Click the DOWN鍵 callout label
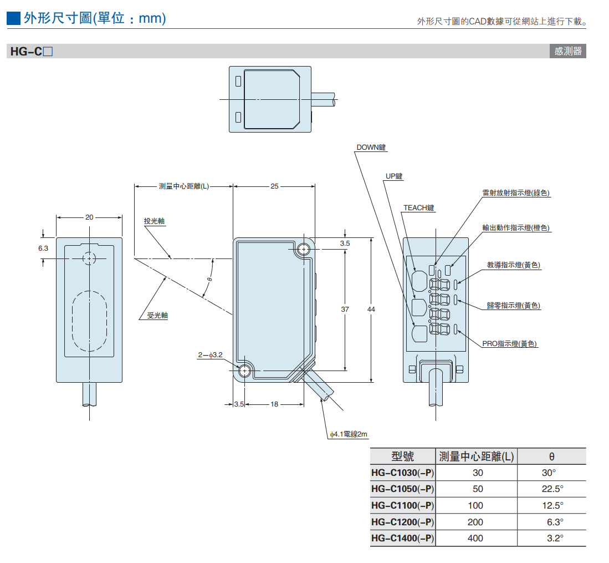[x=371, y=148]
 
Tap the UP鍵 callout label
[x=394, y=176]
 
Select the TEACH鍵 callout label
[x=418, y=207]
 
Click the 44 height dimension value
[x=371, y=309]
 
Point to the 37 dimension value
[x=345, y=309]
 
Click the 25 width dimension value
[x=275, y=186]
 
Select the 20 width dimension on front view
[x=89, y=217]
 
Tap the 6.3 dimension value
[x=43, y=248]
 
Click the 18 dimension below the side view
[x=275, y=404]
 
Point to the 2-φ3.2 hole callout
[x=210, y=354]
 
